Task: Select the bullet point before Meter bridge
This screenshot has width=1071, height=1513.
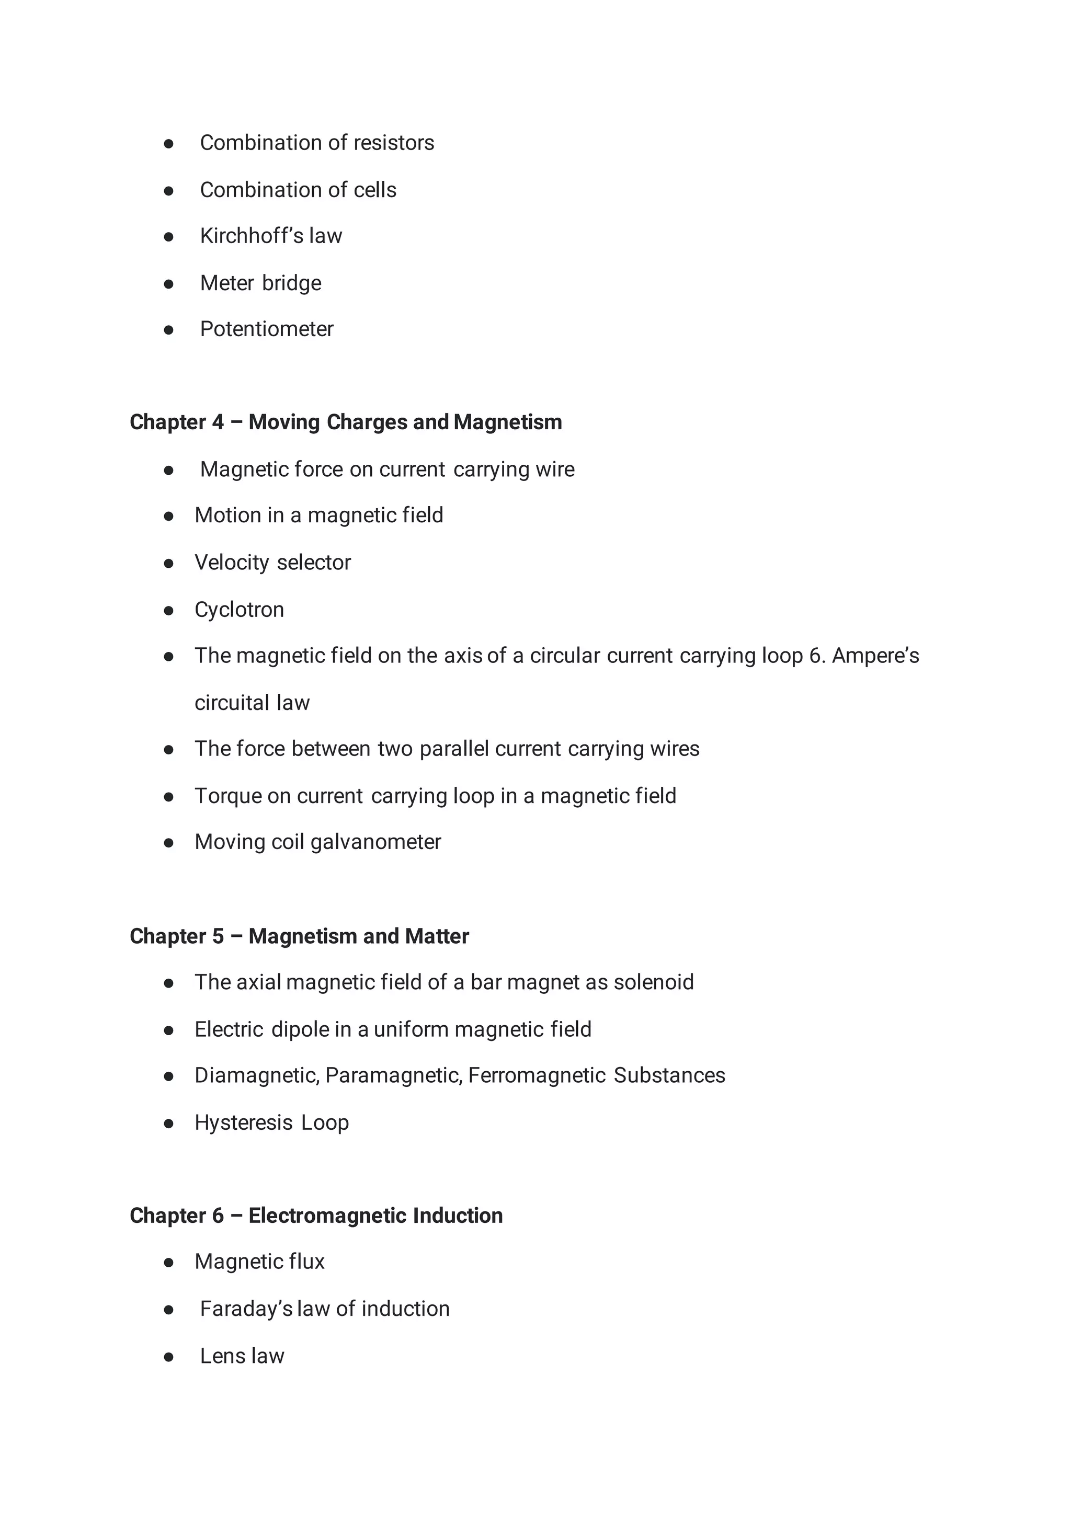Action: (x=169, y=284)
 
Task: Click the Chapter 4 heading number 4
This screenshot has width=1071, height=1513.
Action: (x=218, y=422)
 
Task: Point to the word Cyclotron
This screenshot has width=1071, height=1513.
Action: (x=239, y=610)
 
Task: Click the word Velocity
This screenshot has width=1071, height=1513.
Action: (x=232, y=563)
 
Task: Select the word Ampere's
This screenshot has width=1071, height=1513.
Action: (x=875, y=656)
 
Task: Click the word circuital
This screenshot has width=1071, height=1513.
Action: (x=232, y=703)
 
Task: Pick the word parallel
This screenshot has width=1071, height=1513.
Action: (x=454, y=749)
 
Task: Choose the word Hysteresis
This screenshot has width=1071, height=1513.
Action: (x=243, y=1122)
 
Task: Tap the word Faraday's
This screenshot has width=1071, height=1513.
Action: (x=245, y=1309)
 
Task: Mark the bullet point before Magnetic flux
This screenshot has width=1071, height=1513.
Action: (x=169, y=1263)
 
